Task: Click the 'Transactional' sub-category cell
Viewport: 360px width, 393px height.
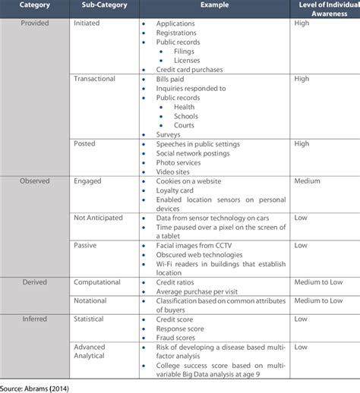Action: coord(97,78)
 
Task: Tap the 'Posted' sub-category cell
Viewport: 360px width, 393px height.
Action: coord(85,144)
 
